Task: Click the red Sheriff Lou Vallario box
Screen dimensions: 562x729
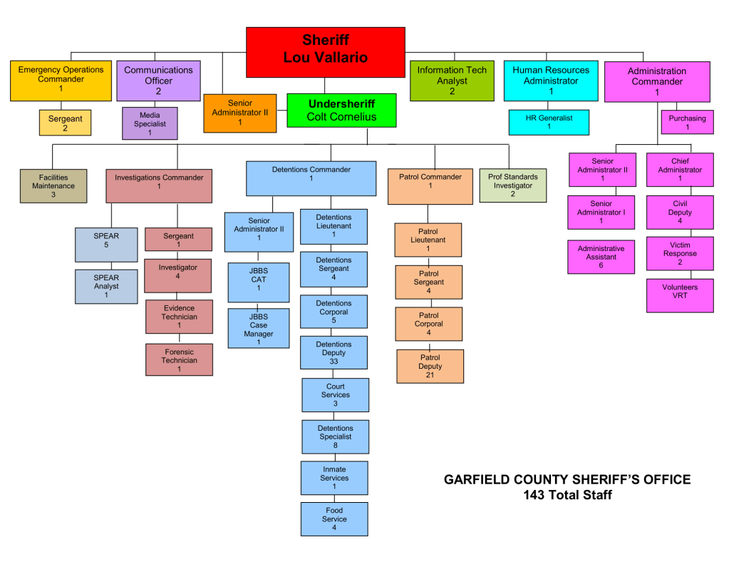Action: (x=326, y=51)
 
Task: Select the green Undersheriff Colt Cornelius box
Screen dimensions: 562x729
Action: (x=341, y=111)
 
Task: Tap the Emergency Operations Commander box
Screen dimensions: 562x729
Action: (x=61, y=80)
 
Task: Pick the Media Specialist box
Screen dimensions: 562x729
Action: (x=150, y=123)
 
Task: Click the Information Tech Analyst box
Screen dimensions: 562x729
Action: (x=452, y=81)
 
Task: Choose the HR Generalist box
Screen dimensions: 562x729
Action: (x=549, y=122)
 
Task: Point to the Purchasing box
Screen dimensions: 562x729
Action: (x=687, y=123)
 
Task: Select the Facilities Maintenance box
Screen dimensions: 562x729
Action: (x=53, y=185)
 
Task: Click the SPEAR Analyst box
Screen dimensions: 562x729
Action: (x=106, y=286)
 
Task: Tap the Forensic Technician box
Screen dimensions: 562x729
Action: (x=179, y=360)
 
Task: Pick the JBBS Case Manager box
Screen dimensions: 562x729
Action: (x=259, y=328)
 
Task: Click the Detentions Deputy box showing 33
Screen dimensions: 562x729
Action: (x=334, y=353)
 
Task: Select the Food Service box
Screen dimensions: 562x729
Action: (x=334, y=519)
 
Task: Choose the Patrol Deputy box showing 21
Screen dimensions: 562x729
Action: (x=430, y=366)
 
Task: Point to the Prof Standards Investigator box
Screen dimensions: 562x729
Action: (x=513, y=185)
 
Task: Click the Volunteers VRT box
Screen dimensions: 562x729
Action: (x=680, y=295)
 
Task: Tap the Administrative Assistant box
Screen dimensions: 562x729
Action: (x=601, y=257)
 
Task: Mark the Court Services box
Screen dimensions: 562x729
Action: (x=335, y=394)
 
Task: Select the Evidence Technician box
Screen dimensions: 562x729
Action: (x=179, y=317)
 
